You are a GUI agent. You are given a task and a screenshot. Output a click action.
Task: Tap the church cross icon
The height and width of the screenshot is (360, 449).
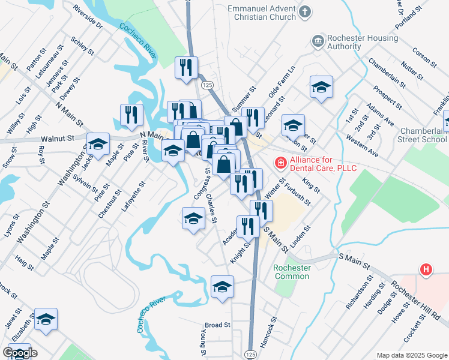[x=306, y=11]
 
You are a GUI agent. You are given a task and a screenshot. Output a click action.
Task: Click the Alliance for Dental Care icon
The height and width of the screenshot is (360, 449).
[x=280, y=162]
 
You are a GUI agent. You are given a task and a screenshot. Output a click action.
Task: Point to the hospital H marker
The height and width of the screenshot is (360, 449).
[x=426, y=270]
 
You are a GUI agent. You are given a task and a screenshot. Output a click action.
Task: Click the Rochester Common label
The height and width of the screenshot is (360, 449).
[x=291, y=272]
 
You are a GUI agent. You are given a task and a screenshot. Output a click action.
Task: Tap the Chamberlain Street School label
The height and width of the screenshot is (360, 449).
[x=423, y=135]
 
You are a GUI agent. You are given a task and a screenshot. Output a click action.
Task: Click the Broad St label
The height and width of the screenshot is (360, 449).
[x=217, y=325]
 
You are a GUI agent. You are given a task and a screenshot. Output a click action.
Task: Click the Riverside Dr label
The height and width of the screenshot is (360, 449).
[x=87, y=17]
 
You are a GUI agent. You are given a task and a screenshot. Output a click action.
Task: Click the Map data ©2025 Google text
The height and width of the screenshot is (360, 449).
[x=411, y=355]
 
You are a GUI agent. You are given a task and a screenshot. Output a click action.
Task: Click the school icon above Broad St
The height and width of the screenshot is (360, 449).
[x=222, y=287]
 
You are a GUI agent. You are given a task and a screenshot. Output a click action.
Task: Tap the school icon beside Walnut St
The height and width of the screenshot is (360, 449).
[x=98, y=144]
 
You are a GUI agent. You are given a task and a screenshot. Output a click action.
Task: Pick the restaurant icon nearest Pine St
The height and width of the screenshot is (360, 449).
[x=131, y=114]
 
